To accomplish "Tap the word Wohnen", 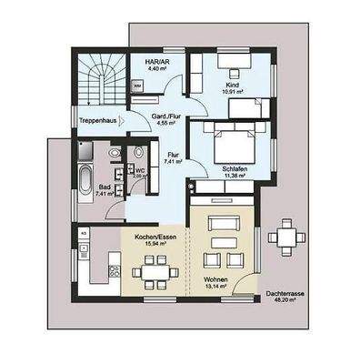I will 216,279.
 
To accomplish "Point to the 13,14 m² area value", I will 216,288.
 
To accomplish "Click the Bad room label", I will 105,187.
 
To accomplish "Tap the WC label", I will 141,169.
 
